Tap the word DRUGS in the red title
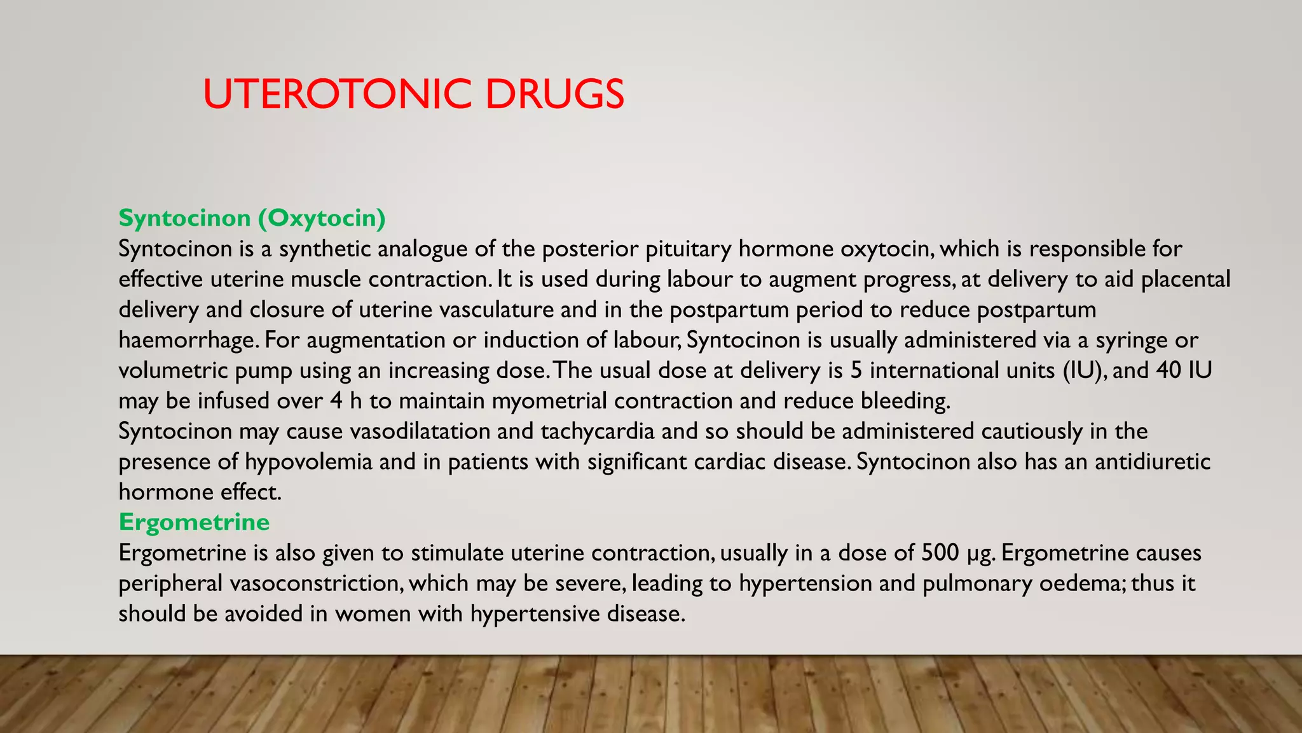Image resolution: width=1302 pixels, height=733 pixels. (554, 94)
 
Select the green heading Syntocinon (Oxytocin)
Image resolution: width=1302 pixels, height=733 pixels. (252, 218)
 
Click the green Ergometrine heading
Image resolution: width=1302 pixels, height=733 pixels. (194, 522)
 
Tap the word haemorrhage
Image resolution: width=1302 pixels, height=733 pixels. (188, 340)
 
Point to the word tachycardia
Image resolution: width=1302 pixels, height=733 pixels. (598, 431)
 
